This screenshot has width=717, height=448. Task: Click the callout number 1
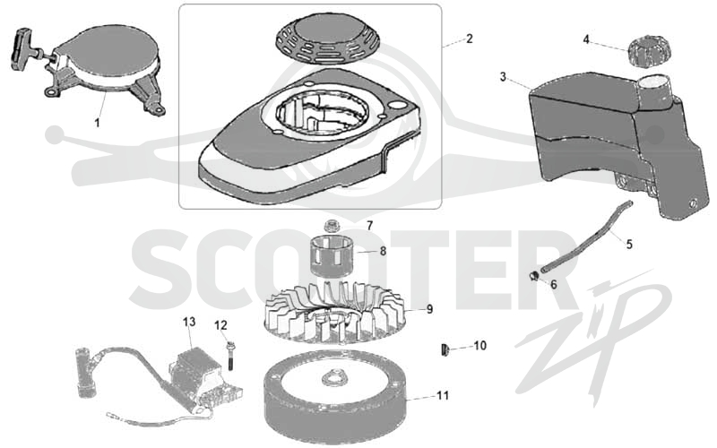pyautogui.click(x=97, y=123)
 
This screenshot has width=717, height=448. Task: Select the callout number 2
pyautogui.click(x=469, y=39)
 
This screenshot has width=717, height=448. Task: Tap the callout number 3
pyautogui.click(x=503, y=77)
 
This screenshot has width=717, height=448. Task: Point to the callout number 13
pyautogui.click(x=189, y=322)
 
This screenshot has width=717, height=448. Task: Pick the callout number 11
pyautogui.click(x=443, y=395)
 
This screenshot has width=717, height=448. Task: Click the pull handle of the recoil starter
pyautogui.click(x=20, y=49)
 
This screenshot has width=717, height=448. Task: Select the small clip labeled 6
pyautogui.click(x=533, y=276)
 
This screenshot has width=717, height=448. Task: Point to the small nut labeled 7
pyautogui.click(x=330, y=226)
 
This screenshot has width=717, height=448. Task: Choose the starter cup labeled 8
pyautogui.click(x=329, y=254)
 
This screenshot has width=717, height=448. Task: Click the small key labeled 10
pyautogui.click(x=445, y=350)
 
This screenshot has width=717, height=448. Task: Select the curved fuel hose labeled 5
pyautogui.click(x=585, y=237)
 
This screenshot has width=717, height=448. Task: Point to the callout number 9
pyautogui.click(x=429, y=309)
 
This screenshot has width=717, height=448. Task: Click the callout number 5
pyautogui.click(x=629, y=245)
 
